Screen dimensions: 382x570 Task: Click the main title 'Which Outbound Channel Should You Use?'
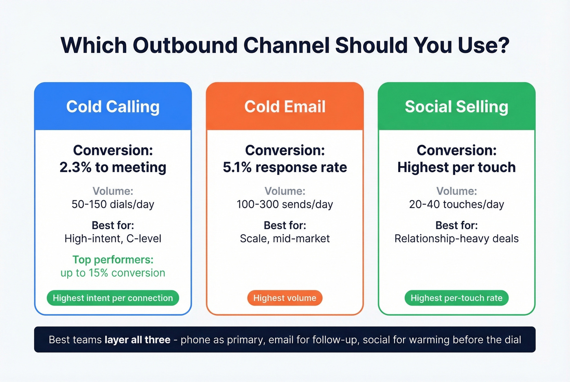coord(285,45)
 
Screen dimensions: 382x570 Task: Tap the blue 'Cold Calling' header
coord(113,107)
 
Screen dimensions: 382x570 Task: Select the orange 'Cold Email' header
coord(285,107)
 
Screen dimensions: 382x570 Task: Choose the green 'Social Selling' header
coord(456,107)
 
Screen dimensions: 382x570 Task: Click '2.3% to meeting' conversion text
coord(113,167)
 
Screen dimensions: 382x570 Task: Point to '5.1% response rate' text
coord(285,167)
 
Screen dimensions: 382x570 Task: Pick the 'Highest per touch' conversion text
coord(456,167)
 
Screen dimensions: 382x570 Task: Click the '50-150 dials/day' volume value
coord(113,204)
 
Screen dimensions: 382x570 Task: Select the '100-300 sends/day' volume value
coord(285,204)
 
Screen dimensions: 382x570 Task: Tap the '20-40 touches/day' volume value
coord(456,204)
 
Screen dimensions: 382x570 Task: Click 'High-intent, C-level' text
coord(113,238)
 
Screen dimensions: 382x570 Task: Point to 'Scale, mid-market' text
coord(285,238)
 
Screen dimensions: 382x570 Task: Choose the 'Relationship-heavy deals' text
coord(456,238)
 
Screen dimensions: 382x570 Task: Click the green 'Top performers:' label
coord(113,260)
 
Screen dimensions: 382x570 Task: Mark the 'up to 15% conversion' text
coord(113,273)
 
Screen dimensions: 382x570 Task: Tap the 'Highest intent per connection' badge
coord(113,298)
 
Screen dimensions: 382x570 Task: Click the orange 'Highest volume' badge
coord(285,298)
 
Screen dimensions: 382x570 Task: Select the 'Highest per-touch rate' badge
coord(456,298)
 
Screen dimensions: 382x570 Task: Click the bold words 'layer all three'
coord(137,340)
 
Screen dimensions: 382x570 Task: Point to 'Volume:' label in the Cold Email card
coord(285,191)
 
